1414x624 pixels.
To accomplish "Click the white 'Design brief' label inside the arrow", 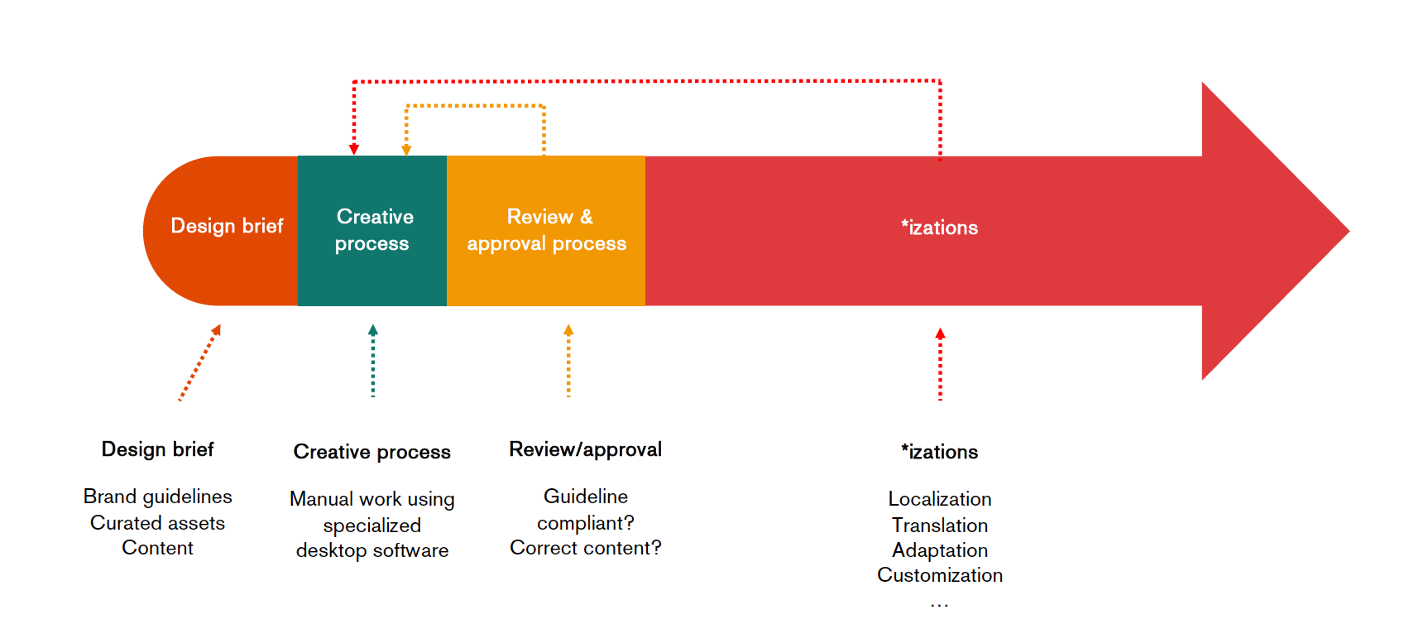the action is (x=228, y=226).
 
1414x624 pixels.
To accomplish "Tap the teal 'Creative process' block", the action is (x=372, y=231).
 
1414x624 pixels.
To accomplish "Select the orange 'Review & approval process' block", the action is (x=546, y=231).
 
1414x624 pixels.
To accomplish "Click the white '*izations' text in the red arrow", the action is (x=939, y=228).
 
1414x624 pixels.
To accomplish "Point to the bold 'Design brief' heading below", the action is (x=158, y=449).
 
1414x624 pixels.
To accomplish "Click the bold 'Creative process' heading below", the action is (x=371, y=452).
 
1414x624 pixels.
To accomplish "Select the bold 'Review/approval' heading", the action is (x=585, y=449).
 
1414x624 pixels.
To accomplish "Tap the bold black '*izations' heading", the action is (x=939, y=452).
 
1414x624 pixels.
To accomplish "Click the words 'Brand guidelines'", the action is (x=158, y=497).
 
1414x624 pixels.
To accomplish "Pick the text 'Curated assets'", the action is (x=158, y=523).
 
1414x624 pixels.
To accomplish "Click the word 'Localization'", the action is (x=939, y=499).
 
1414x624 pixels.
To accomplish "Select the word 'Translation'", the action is (x=939, y=525).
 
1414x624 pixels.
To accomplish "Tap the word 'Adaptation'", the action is (x=939, y=550).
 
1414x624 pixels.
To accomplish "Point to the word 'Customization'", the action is (x=939, y=575).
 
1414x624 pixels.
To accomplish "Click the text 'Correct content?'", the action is (x=585, y=548).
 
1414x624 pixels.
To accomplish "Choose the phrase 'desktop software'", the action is (x=371, y=550).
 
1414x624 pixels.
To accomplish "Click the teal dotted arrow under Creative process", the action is (x=373, y=361).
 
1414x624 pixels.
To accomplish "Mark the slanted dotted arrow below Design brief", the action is (x=199, y=362).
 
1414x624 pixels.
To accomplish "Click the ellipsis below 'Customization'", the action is (x=939, y=605).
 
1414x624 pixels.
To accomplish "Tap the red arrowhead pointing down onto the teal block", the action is (x=354, y=150).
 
